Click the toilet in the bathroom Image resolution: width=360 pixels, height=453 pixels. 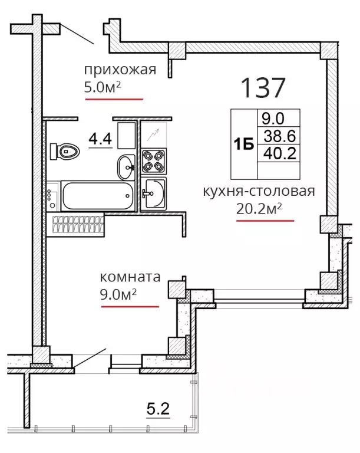[x=65, y=151]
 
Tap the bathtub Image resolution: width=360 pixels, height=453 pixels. [x=98, y=196]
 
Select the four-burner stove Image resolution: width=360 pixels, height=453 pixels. [x=154, y=161]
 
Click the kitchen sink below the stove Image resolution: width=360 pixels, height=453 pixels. [x=154, y=193]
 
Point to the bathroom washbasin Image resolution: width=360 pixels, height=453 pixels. [x=126, y=167]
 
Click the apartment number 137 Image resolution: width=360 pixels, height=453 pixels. [x=263, y=87]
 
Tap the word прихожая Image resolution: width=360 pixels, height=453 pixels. [x=120, y=70]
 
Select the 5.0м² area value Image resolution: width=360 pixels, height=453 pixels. [x=102, y=87]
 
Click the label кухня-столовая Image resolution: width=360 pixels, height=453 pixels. [x=259, y=191]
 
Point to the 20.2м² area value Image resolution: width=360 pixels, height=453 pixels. [x=259, y=209]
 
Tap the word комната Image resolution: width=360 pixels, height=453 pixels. [x=130, y=277]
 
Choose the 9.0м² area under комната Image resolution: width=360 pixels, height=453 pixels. [x=118, y=294]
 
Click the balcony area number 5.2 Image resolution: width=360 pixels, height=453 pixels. [x=158, y=409]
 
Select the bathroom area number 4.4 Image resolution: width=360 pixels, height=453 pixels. [x=100, y=139]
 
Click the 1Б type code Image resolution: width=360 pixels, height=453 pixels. [x=244, y=144]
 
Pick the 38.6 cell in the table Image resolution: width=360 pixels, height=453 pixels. [x=279, y=136]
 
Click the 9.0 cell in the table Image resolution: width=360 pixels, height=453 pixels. [x=273, y=119]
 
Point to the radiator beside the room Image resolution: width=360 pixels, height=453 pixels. [x=78, y=225]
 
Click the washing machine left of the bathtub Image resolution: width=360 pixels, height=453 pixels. [x=53, y=196]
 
